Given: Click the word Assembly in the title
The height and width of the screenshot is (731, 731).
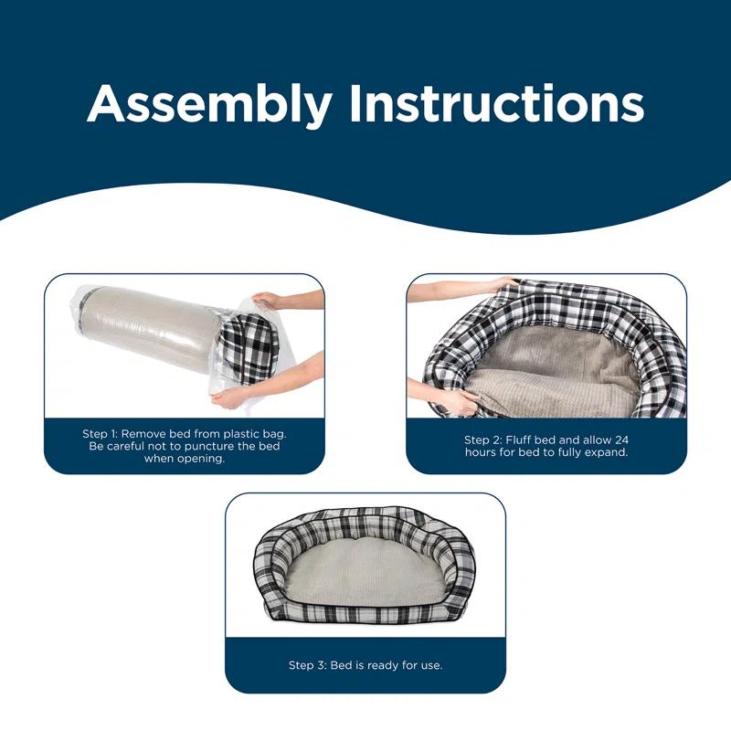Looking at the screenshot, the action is tap(209, 105).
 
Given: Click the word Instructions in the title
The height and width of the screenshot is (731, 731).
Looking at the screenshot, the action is tap(496, 103).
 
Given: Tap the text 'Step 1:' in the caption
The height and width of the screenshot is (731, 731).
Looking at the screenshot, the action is tap(100, 433).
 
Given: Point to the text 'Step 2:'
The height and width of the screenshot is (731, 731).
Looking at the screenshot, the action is tap(483, 440).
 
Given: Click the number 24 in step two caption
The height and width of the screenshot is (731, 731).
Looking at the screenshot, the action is tap(621, 440).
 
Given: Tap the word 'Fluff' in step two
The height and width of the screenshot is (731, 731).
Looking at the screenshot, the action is tap(518, 440).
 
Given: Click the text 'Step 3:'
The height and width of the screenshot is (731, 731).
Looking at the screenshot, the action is tap(308, 665).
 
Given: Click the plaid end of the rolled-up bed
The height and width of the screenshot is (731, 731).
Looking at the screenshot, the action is tap(249, 348).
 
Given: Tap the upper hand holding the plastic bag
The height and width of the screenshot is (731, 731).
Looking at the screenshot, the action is tap(267, 300).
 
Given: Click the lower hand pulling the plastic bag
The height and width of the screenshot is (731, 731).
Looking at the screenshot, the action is tap(230, 397).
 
